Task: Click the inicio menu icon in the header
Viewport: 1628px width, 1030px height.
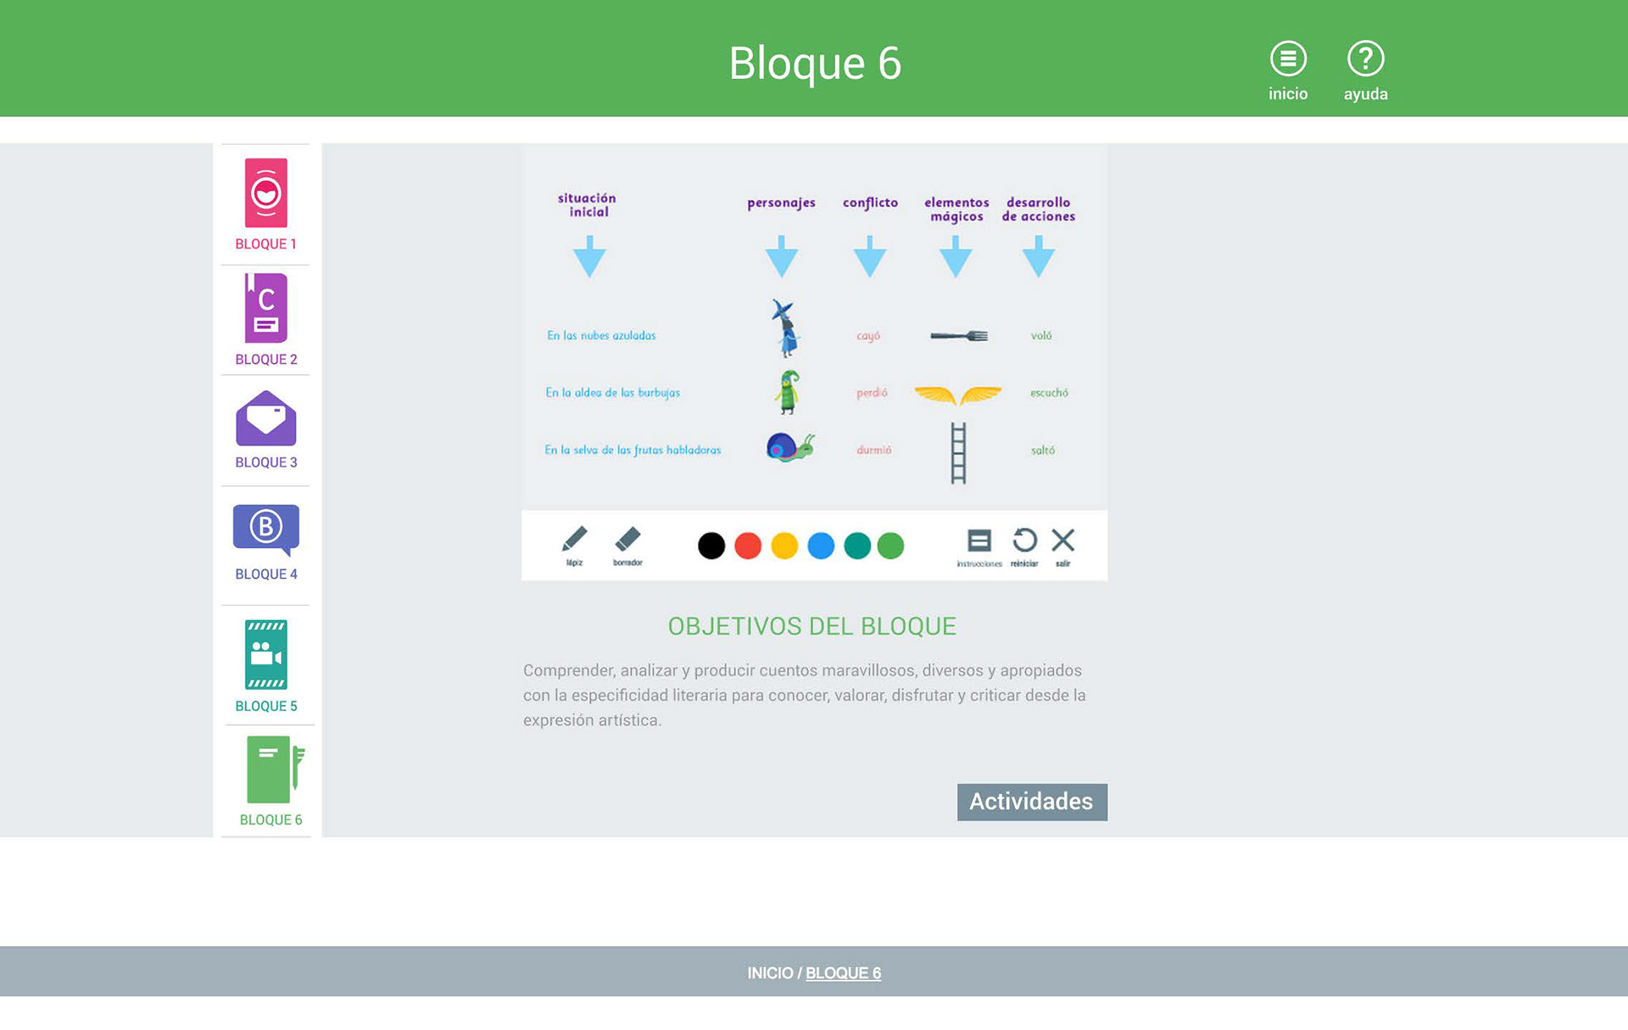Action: pyautogui.click(x=1287, y=59)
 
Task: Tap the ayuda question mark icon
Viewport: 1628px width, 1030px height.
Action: pyautogui.click(x=1365, y=59)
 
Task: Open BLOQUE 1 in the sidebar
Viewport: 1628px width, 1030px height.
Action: pyautogui.click(x=266, y=193)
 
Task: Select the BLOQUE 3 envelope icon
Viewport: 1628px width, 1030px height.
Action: pyautogui.click(x=266, y=419)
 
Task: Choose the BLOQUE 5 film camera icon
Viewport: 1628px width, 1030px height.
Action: pyautogui.click(x=266, y=654)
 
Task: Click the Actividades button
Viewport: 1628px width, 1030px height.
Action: pyautogui.click(x=1031, y=802)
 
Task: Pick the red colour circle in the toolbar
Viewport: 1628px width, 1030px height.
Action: pyautogui.click(x=748, y=546)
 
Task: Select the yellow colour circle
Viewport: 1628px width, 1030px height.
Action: pyautogui.click(x=784, y=546)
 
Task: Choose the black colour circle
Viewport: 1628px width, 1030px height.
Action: pyautogui.click(x=711, y=546)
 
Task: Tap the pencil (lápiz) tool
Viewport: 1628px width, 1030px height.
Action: pyautogui.click(x=574, y=540)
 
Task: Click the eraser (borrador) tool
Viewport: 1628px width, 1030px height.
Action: pyautogui.click(x=627, y=540)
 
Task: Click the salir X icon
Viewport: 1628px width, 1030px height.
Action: pyautogui.click(x=1062, y=540)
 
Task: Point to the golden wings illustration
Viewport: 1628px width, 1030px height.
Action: pyautogui.click(x=958, y=395)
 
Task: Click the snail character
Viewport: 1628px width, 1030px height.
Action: pyautogui.click(x=789, y=447)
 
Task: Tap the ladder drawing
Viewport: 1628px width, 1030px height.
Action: pyautogui.click(x=958, y=453)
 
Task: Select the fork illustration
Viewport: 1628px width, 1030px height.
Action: pyautogui.click(x=959, y=336)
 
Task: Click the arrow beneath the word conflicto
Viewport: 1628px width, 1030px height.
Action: pyautogui.click(x=870, y=257)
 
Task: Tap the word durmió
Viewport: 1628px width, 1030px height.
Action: pyautogui.click(x=873, y=451)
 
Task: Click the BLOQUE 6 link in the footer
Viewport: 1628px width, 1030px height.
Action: pyautogui.click(x=843, y=973)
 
